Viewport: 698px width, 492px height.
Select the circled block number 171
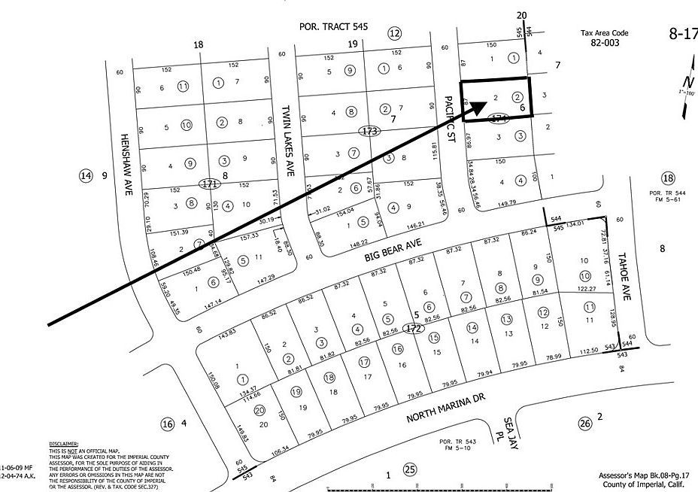(x=209, y=184)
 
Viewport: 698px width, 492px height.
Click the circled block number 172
(x=413, y=328)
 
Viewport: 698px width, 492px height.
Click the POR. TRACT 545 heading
(x=333, y=26)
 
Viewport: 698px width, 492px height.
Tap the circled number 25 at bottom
(x=409, y=471)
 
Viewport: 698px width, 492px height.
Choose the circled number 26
(x=584, y=424)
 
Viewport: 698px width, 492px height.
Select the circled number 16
(x=167, y=424)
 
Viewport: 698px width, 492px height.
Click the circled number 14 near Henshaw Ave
(x=85, y=176)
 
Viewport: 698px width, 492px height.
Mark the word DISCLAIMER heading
(x=63, y=445)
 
